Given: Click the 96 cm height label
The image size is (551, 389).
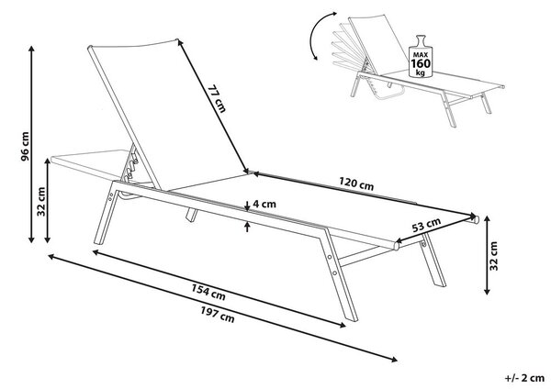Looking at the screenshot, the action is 25,147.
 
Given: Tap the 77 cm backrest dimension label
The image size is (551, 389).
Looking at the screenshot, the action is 216,98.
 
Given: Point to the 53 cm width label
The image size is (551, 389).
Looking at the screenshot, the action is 426,225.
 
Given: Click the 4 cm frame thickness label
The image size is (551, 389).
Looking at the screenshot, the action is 264,204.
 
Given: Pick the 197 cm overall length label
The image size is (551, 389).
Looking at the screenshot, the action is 218,314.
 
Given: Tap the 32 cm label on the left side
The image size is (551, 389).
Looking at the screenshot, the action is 41,202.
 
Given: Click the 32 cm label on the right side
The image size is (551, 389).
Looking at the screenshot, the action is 494,256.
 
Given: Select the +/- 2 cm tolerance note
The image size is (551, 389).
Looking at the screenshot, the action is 524,378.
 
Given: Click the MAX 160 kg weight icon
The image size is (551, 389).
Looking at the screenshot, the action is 421,57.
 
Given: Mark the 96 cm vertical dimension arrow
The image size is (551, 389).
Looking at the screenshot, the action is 31,144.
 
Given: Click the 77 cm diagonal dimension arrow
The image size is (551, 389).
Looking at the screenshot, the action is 212,106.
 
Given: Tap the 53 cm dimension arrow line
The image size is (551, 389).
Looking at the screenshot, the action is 435,228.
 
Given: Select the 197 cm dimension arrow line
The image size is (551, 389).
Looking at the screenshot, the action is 222,308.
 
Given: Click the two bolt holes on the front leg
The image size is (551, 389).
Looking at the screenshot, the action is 332,265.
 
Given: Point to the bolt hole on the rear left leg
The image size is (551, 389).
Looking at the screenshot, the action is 111,196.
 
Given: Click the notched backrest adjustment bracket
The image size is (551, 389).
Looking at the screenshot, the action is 131,165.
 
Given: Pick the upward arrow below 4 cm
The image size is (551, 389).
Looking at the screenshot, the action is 247,227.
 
